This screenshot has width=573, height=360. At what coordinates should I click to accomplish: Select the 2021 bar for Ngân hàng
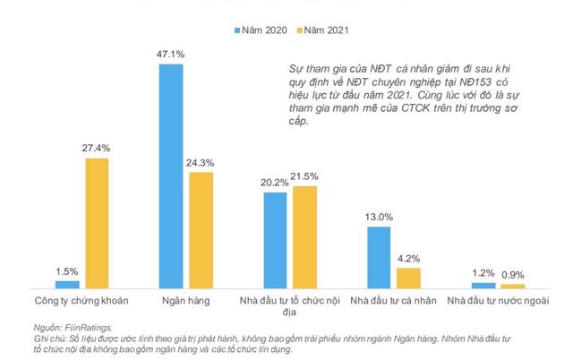coord(201,229)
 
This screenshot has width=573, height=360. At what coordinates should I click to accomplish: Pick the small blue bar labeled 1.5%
coord(68,284)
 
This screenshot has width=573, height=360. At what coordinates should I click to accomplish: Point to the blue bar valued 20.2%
coord(276,239)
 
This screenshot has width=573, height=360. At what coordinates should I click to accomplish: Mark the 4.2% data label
coord(408,259)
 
